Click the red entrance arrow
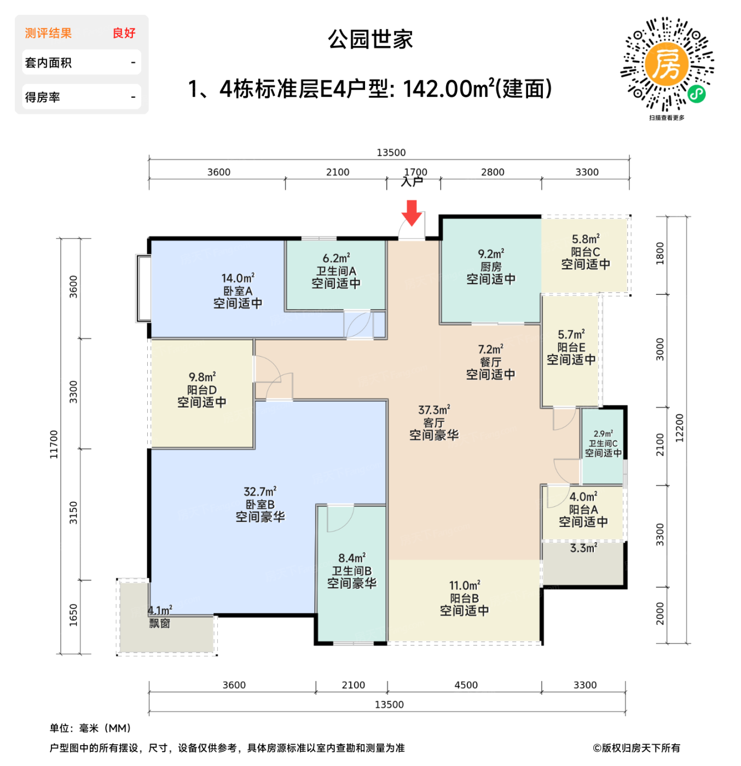click(412, 212)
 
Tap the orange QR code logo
click(666, 65)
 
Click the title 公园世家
click(370, 39)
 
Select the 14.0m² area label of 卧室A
click(238, 278)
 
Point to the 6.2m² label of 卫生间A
click(336, 258)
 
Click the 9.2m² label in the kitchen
click(490, 254)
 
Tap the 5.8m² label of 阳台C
click(586, 239)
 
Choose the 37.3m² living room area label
click(434, 410)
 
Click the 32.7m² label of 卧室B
click(260, 491)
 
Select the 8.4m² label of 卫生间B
click(351, 558)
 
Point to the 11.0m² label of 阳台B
click(465, 585)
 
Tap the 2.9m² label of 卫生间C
click(603, 433)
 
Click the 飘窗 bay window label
click(160, 623)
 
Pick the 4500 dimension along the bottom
click(466, 685)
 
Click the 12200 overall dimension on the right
click(680, 428)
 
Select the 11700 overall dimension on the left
click(54, 444)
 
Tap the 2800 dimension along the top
click(493, 172)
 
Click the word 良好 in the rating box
click(124, 33)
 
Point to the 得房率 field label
click(43, 97)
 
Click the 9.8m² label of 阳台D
click(202, 377)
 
